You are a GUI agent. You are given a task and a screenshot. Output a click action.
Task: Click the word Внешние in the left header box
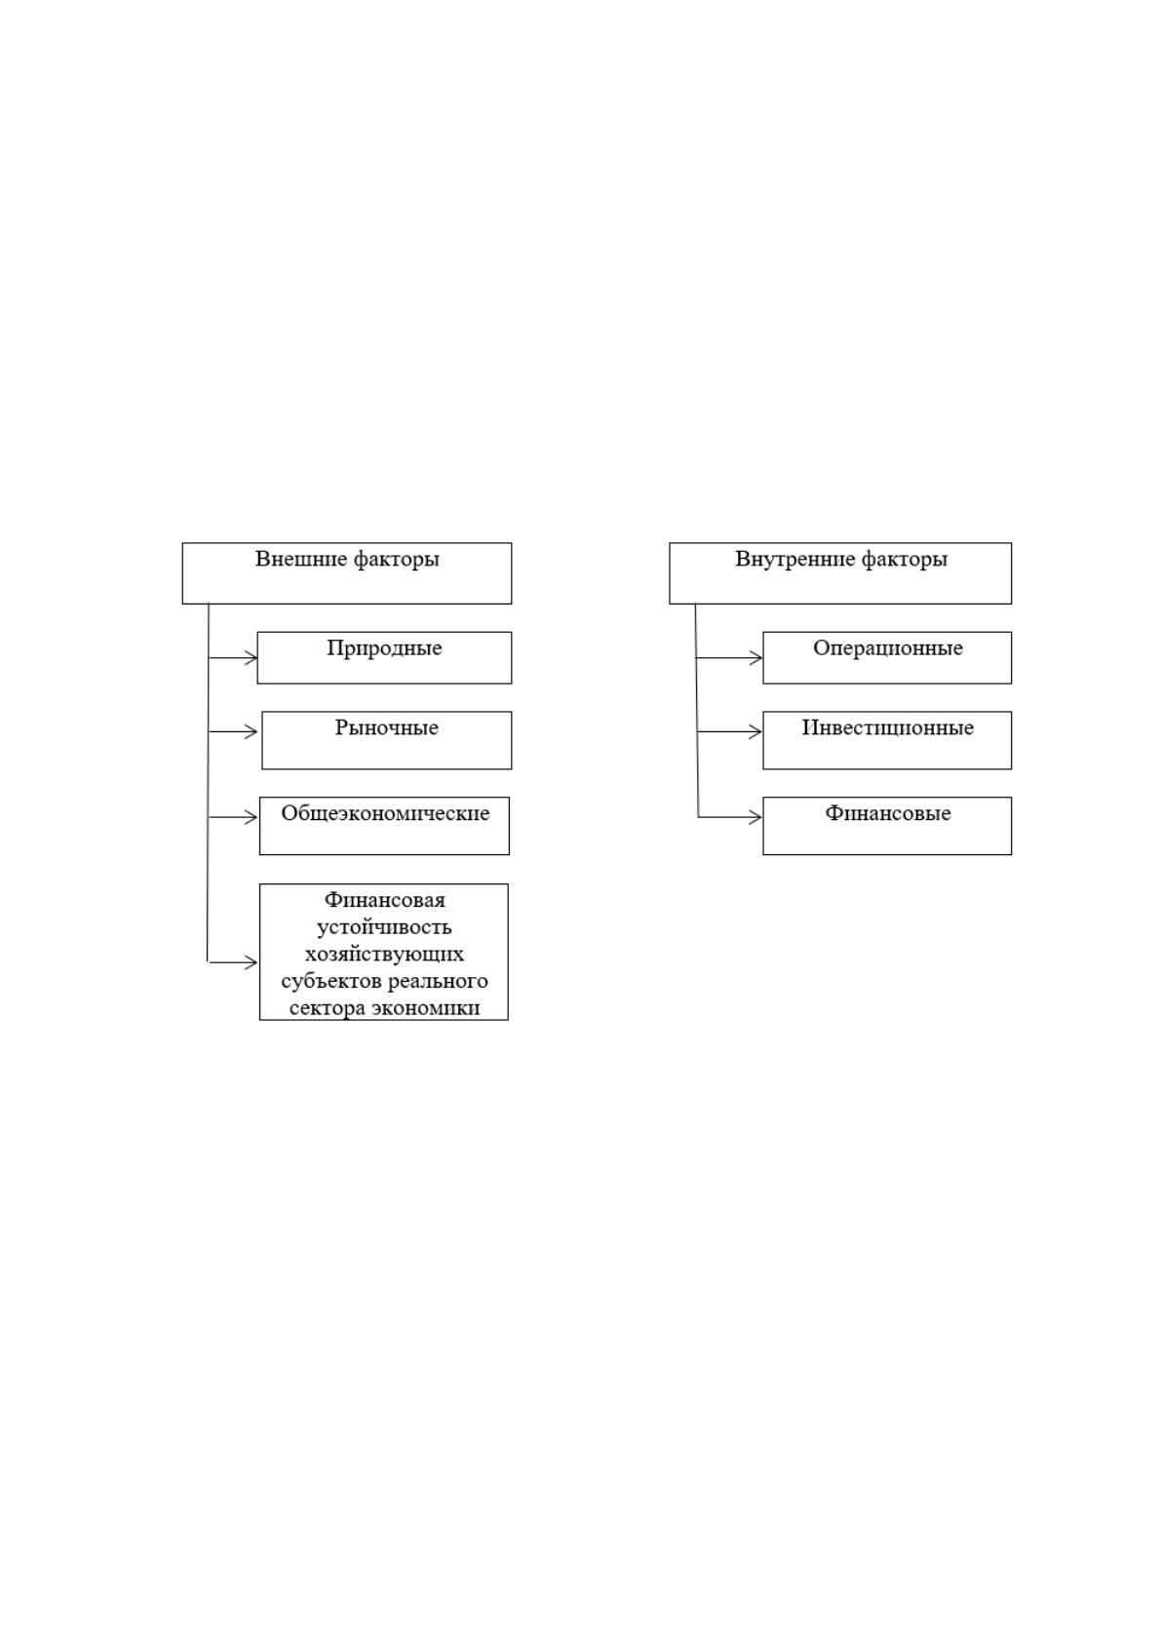(300, 559)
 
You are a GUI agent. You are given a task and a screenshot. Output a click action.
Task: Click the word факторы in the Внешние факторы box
(397, 560)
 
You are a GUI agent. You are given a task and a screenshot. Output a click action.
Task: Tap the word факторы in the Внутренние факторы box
(904, 560)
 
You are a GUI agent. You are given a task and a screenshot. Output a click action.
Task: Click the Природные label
(384, 648)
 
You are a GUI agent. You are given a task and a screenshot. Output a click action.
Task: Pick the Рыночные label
(386, 728)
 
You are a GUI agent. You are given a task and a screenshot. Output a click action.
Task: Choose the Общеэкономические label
(385, 813)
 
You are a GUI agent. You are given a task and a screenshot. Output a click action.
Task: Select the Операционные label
(888, 648)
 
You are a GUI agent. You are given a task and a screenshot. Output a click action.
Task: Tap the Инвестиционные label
(888, 728)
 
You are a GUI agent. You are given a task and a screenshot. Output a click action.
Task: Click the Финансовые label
(888, 813)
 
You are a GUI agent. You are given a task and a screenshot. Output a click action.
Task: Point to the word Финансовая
(385, 899)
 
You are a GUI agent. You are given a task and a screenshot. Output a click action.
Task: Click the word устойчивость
(384, 928)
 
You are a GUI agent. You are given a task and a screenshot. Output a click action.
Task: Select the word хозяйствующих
(384, 954)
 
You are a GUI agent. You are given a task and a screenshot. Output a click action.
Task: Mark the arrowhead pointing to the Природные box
(251, 657)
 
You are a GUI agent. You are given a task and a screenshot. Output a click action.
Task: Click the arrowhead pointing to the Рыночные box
(251, 731)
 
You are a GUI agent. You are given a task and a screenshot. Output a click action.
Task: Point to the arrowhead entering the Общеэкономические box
(251, 816)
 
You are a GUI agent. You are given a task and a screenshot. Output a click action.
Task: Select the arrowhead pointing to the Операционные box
(755, 657)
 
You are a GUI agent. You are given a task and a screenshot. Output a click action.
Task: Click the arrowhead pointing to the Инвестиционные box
(755, 731)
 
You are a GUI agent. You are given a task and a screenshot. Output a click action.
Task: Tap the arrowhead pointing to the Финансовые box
(755, 816)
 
